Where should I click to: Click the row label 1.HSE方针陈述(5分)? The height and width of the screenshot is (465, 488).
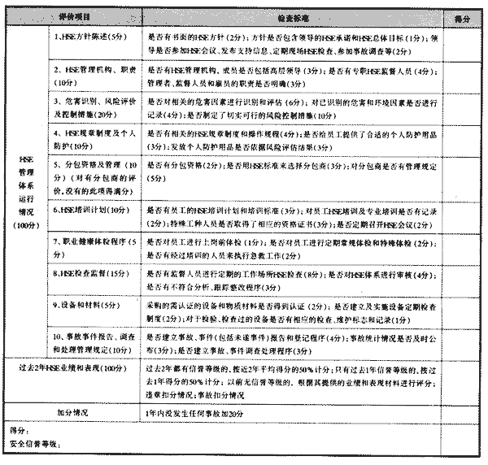click(x=92, y=37)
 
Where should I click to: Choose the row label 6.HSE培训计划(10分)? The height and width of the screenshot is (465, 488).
click(x=91, y=209)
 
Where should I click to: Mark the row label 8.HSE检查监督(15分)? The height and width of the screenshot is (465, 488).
click(x=91, y=276)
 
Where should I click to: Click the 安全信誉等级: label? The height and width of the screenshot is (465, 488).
click(x=34, y=443)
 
